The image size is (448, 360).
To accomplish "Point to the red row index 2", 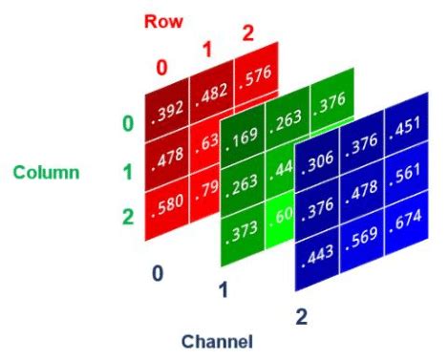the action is click(247, 33).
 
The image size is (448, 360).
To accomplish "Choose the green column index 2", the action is click(127, 216).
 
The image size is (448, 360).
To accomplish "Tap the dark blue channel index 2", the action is click(301, 317).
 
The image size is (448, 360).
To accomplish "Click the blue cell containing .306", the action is click(317, 166).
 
